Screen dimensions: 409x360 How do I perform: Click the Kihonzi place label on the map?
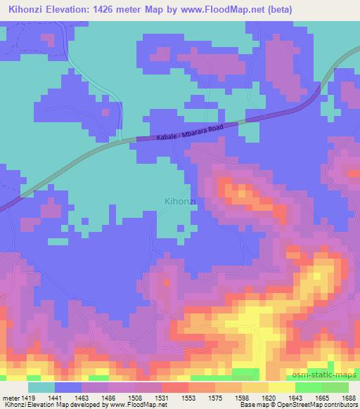point(180,200)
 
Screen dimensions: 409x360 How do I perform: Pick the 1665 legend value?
point(323,396)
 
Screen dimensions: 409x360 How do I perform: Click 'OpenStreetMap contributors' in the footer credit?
point(321,405)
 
